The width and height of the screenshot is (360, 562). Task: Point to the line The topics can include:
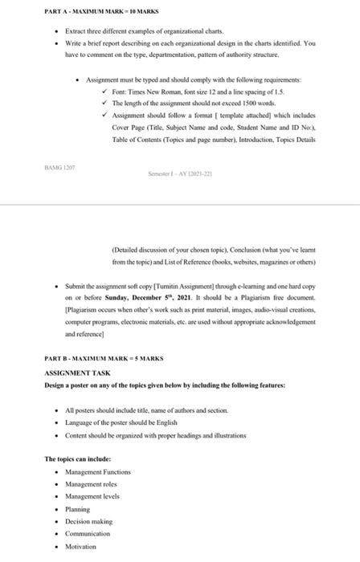(x=78, y=459)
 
